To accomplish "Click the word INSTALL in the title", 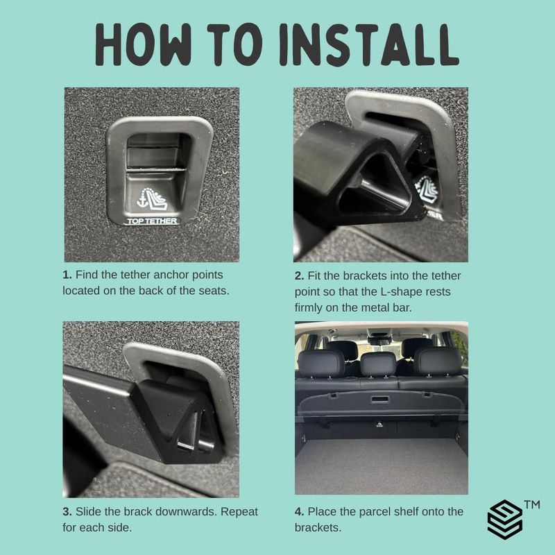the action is [x=369, y=45].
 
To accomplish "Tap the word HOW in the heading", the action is [x=143, y=45].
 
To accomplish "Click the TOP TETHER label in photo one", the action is [x=152, y=221].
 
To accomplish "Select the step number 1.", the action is [x=67, y=275].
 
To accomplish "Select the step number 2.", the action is [x=299, y=275].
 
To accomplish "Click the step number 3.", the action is [x=67, y=512].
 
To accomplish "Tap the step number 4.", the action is [x=299, y=512].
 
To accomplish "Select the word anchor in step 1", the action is [x=171, y=275].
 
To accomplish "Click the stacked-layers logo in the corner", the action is [x=505, y=519].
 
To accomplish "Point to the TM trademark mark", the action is [x=532, y=504].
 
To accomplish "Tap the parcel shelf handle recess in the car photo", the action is [x=380, y=400].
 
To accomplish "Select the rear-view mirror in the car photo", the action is [x=379, y=340].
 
